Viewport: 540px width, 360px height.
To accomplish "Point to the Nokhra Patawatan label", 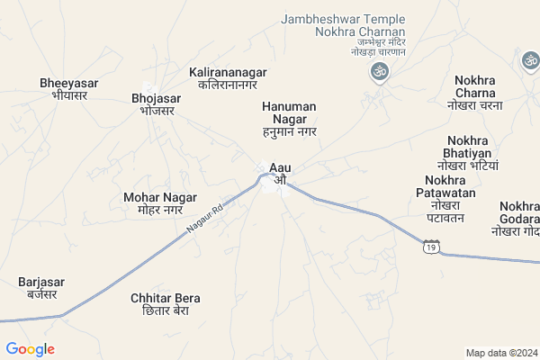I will pyautogui.click(x=445, y=198).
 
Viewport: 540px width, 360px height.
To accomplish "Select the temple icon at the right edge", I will pyautogui.click(x=530, y=60).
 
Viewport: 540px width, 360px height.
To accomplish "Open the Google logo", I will pyautogui.click(x=30, y=348).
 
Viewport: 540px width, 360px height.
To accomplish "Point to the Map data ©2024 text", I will pyautogui.click(x=500, y=353).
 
